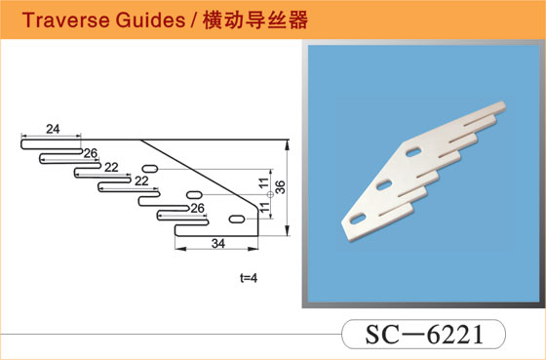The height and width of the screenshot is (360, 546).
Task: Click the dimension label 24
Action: pyautogui.click(x=53, y=129)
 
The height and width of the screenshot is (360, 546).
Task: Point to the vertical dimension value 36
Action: pyautogui.click(x=281, y=187)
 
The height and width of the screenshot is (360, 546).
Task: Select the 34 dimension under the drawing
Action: pyautogui.click(x=218, y=244)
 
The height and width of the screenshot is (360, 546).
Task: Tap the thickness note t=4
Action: pyautogui.click(x=249, y=278)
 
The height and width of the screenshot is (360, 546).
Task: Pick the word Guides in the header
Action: pyautogui.click(x=151, y=20)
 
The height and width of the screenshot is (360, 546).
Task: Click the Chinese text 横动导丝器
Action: pyautogui.click(x=255, y=20)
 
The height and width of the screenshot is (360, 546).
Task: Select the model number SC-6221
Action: pyautogui.click(x=424, y=335)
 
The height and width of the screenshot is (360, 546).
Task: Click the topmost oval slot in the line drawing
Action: pyautogui.click(x=150, y=169)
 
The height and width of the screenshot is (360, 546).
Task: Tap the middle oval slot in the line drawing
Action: pyautogui.click(x=194, y=195)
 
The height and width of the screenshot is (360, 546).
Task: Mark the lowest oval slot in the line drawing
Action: pyautogui.click(x=237, y=220)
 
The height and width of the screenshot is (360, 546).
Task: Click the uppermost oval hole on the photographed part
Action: pyautogui.click(x=413, y=151)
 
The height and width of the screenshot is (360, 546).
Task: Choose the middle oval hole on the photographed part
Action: pyautogui.click(x=384, y=184)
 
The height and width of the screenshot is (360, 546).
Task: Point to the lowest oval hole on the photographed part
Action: pyautogui.click(x=358, y=219)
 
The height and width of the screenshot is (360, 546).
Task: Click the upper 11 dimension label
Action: pyautogui.click(x=264, y=182)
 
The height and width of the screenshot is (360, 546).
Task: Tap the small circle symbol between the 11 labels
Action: pyautogui.click(x=270, y=195)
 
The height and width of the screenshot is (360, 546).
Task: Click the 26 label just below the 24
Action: pyautogui.click(x=90, y=153)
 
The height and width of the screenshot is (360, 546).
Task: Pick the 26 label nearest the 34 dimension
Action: pyautogui.click(x=197, y=209)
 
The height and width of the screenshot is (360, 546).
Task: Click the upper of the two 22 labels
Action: pyautogui.click(x=111, y=168)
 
